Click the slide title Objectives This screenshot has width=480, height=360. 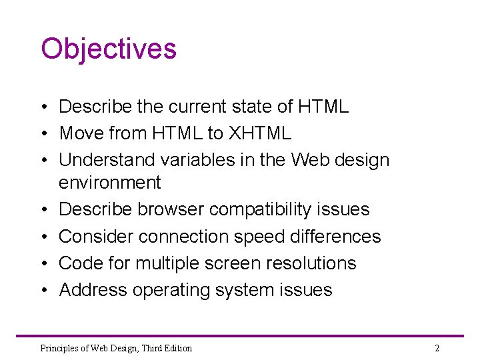(109, 49)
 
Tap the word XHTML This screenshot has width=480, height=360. (260, 133)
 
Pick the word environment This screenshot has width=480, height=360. (110, 183)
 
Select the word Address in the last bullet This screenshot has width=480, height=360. (93, 290)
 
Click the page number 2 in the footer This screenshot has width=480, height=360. (437, 348)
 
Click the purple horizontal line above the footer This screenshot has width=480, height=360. (240, 335)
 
